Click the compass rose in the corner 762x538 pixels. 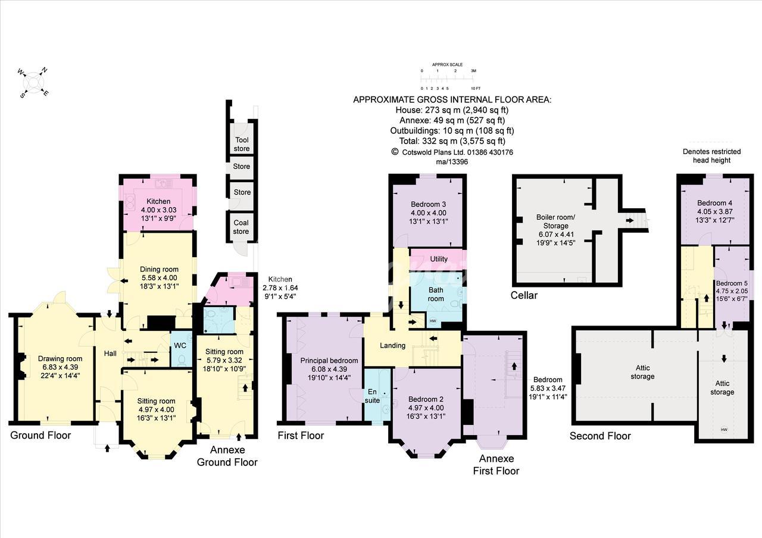(33, 83)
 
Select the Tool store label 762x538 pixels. (242, 144)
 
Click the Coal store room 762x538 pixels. (241, 227)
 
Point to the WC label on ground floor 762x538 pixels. (180, 346)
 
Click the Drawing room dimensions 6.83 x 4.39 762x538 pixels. (60, 367)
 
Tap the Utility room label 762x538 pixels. (439, 259)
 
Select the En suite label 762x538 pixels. (372, 396)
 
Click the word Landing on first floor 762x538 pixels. (392, 346)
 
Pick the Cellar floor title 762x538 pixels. (524, 295)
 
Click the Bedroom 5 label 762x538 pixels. (732, 283)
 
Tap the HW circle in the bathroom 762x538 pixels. (433, 321)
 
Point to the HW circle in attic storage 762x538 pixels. (724, 430)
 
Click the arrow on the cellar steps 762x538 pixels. (630, 220)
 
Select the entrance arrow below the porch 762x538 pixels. (108, 448)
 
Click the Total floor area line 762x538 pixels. (452, 141)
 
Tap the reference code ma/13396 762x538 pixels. (452, 162)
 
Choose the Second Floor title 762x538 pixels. (600, 436)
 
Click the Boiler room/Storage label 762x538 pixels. (555, 221)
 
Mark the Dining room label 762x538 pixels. (159, 270)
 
